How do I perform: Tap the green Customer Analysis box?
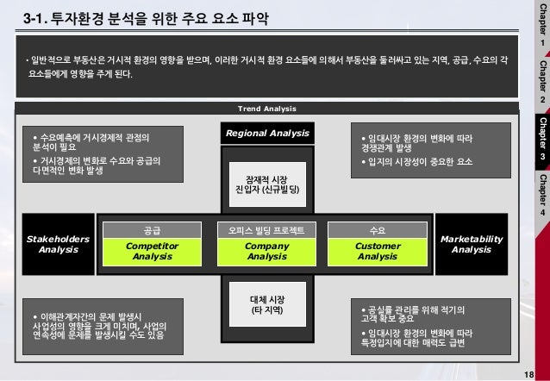click(x=377, y=251)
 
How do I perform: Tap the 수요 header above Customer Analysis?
click(x=377, y=230)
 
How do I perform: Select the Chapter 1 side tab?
click(x=541, y=26)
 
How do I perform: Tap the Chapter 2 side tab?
click(x=541, y=82)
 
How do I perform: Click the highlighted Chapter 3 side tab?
click(x=541, y=138)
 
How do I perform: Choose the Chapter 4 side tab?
click(x=541, y=195)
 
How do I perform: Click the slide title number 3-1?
click(x=37, y=16)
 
